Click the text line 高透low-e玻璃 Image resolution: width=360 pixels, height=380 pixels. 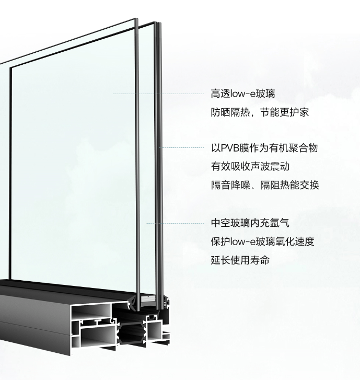tap(243, 94)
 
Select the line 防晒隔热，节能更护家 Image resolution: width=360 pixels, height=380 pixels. tap(260, 112)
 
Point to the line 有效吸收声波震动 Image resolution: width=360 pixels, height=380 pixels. tap(250, 167)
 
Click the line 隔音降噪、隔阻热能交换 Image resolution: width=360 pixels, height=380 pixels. tap(265, 185)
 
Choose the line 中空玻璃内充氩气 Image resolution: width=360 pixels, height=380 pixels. tap(250, 223)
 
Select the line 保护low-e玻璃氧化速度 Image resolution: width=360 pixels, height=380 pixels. tap(262, 241)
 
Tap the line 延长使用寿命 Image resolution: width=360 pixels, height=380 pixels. tap(240, 260)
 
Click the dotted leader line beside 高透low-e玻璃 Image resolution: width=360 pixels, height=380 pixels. tap(158, 94)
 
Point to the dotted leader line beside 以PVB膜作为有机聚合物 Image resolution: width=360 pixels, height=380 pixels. tap(181, 147)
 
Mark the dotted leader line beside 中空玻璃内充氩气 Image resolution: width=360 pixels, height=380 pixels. tap(175, 223)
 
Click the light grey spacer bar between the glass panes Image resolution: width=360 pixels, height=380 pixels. tap(147, 300)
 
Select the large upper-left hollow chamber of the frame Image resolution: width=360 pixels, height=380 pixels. tap(91, 312)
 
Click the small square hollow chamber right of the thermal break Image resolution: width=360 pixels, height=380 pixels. tap(154, 330)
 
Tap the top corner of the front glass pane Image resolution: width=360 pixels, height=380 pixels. tap(135, 18)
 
